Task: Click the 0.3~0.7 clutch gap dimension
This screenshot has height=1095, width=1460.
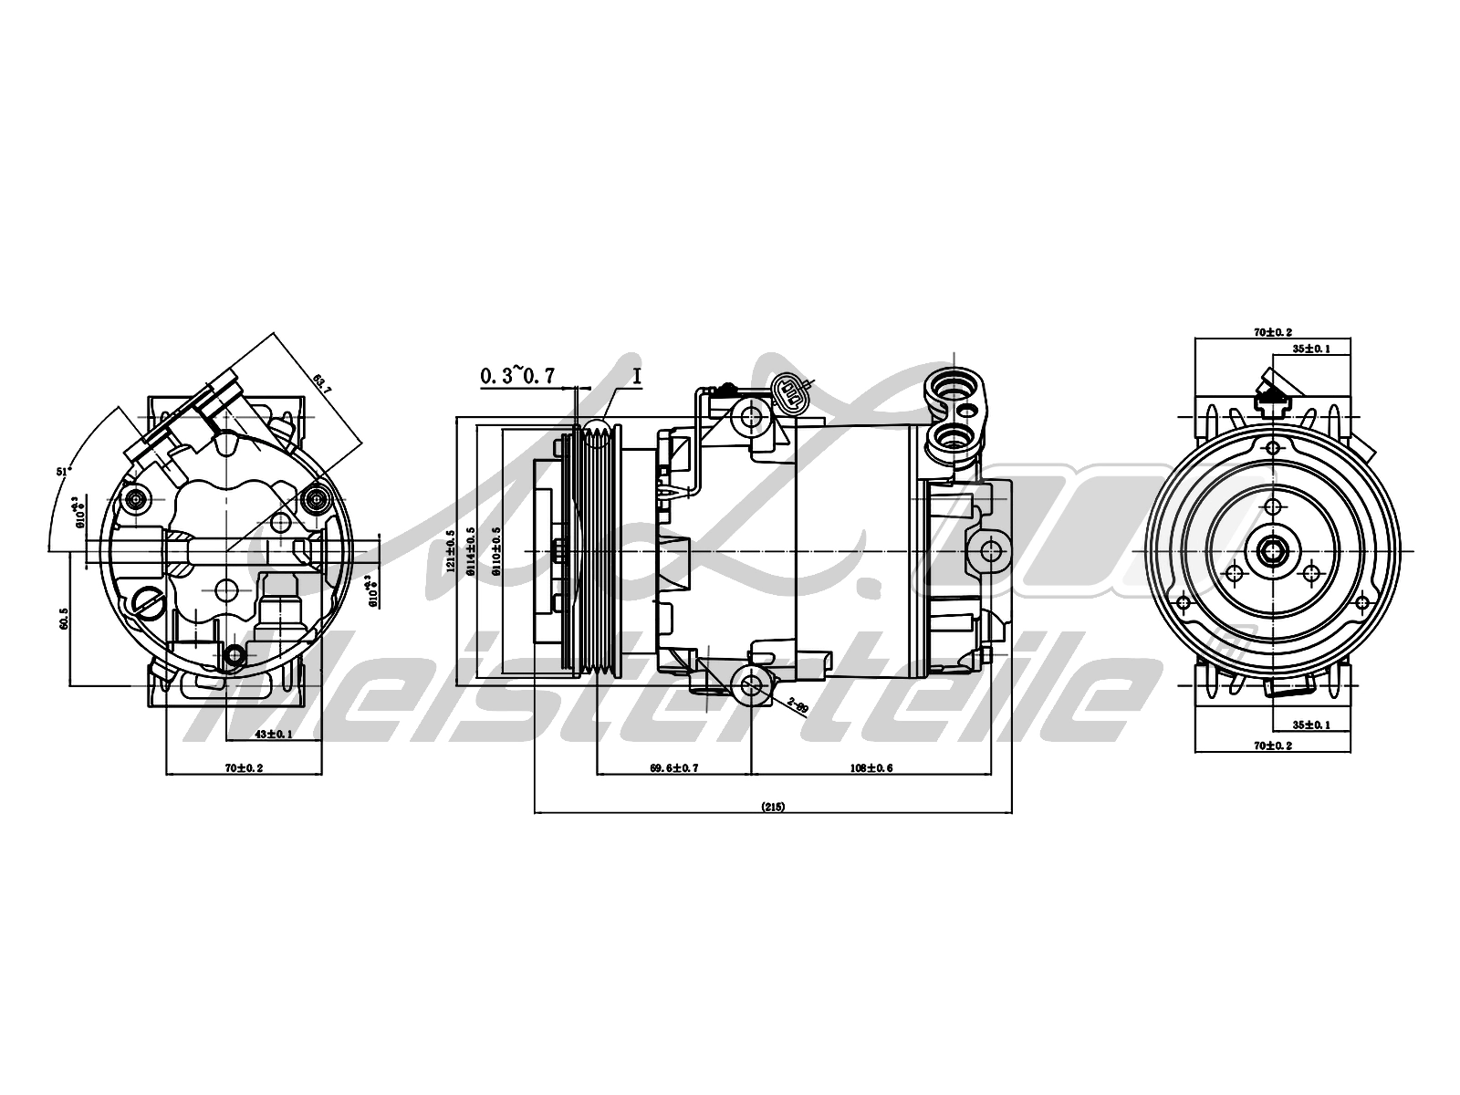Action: [x=517, y=376]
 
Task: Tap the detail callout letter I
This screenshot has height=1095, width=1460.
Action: [x=636, y=374]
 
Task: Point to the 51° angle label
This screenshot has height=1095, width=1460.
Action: [x=63, y=472]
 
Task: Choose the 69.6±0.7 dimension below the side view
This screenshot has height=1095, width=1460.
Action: [x=673, y=768]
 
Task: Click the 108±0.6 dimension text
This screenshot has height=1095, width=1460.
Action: [x=871, y=768]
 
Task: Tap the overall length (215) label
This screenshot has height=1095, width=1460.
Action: [x=772, y=807]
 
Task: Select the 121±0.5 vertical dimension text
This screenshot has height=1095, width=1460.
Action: [x=450, y=552]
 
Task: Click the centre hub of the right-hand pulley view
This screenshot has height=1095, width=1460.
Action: [x=1272, y=551]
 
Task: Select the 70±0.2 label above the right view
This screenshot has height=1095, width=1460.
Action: [x=1272, y=333]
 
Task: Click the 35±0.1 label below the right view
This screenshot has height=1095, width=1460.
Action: [x=1310, y=725]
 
